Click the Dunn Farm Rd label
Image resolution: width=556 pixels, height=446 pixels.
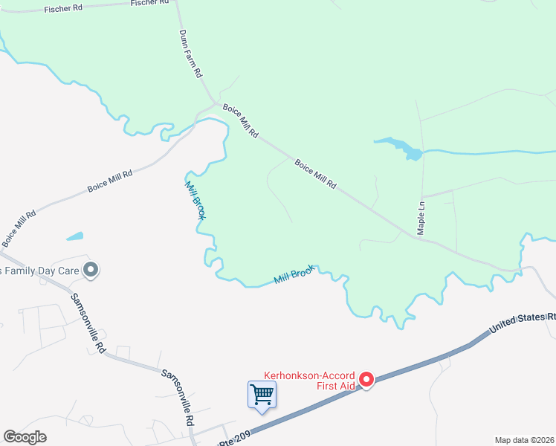coord(190,54)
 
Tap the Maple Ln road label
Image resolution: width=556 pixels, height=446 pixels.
coord(421,218)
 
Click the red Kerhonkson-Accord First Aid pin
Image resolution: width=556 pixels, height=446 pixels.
coord(366,380)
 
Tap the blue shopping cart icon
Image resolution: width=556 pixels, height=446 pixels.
coord(262,394)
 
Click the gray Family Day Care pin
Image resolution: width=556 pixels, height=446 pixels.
coord(91,269)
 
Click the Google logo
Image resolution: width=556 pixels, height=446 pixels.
coord(25,437)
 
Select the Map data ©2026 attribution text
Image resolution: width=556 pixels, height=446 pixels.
coord(525,440)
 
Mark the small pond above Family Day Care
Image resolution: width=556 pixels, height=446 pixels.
coord(74,237)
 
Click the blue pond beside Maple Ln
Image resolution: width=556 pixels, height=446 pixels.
coord(400,147)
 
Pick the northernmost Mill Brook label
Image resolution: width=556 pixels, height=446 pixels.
coord(195,199)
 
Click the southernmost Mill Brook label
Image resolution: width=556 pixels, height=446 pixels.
coord(294,275)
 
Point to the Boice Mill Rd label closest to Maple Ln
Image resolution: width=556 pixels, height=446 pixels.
coord(316,174)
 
